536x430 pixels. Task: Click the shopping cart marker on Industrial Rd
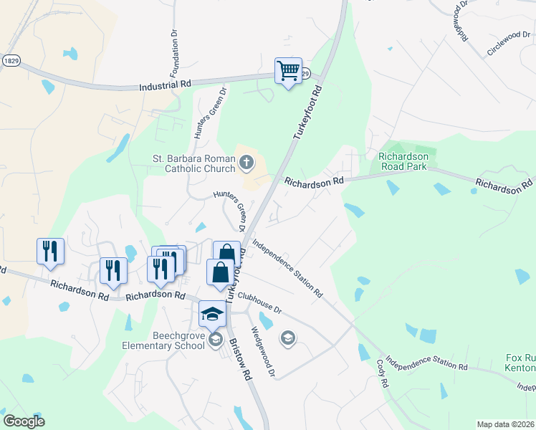pos(288,71)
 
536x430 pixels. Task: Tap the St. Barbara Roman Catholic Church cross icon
pos(246,163)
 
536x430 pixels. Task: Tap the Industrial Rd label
pos(166,85)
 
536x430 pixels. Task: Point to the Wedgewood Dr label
pos(262,352)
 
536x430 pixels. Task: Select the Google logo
pos(24,421)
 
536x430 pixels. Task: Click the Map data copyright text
pos(505,424)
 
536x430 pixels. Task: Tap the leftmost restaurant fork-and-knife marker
pos(50,251)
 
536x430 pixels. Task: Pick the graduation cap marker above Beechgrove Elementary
pos(212,313)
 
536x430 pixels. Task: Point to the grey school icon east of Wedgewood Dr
pos(288,338)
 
